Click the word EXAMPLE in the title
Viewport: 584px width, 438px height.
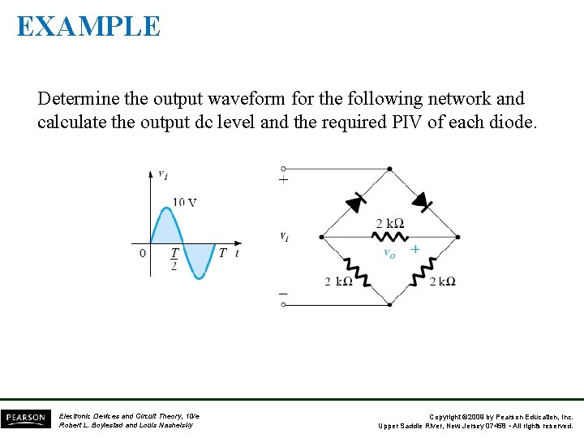click(x=88, y=26)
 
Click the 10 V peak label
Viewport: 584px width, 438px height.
click(x=184, y=202)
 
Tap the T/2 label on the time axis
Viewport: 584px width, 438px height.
click(x=174, y=259)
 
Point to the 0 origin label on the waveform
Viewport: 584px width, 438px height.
click(x=143, y=253)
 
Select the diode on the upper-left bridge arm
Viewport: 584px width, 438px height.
click(x=354, y=204)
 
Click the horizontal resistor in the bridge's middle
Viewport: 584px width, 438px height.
click(x=389, y=237)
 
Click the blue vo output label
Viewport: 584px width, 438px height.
click(x=389, y=253)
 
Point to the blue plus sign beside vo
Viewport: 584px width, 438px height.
click(x=414, y=249)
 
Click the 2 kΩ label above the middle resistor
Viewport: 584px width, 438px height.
click(x=389, y=223)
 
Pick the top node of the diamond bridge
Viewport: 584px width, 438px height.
click(x=390, y=169)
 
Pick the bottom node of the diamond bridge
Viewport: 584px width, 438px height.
click(x=390, y=305)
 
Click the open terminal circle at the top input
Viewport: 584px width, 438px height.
click(x=283, y=169)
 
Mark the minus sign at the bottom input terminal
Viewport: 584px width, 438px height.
click(x=283, y=293)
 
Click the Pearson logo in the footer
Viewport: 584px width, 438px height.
click(x=25, y=419)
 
